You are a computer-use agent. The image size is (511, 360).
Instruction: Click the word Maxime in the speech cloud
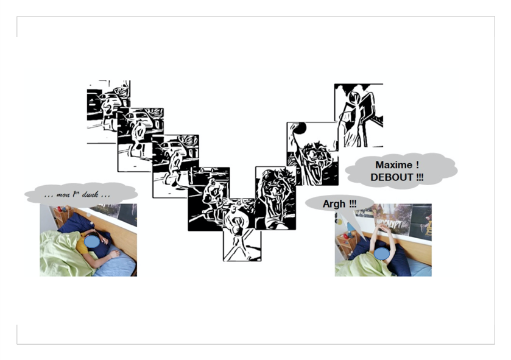point(393,165)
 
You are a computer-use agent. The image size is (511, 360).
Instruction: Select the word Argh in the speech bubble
point(334,204)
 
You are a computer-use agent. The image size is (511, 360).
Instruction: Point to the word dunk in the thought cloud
point(90,195)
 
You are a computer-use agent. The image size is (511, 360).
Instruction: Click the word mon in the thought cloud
point(63,195)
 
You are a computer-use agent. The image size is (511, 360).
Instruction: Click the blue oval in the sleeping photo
point(92,241)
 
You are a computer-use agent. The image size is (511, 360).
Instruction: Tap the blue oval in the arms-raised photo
point(382,254)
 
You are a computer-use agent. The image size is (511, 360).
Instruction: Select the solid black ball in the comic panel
point(300,128)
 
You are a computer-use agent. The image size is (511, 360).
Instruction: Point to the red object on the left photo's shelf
point(60,209)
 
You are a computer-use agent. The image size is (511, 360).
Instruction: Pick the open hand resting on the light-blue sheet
point(115,254)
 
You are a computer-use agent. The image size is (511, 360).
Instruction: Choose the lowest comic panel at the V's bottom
point(242,230)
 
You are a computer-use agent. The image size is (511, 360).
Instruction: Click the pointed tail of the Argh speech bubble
point(365,240)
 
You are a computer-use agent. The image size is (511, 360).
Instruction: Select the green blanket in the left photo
point(62,254)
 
